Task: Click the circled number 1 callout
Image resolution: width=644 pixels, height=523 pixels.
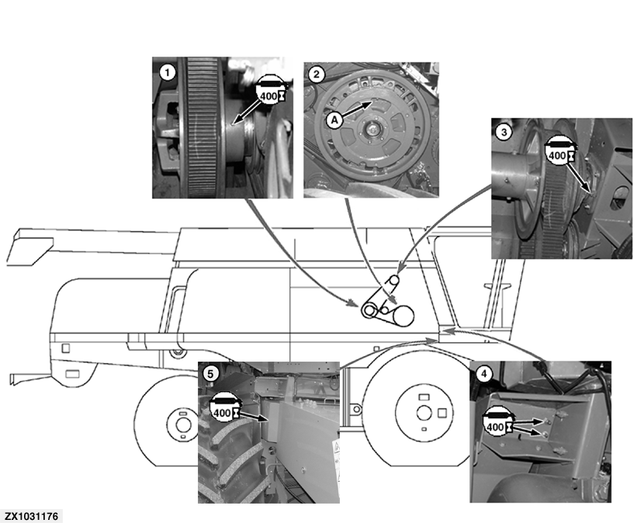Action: tap(164, 71)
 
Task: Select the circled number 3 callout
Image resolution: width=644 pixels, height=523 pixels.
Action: tap(504, 132)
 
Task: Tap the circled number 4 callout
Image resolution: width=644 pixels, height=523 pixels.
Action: tap(484, 373)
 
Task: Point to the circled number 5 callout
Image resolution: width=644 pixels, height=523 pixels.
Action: tap(210, 373)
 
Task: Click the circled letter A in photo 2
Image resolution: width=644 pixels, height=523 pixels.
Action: tap(333, 119)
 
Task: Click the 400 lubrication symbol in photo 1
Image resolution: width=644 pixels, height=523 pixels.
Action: tap(269, 92)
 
